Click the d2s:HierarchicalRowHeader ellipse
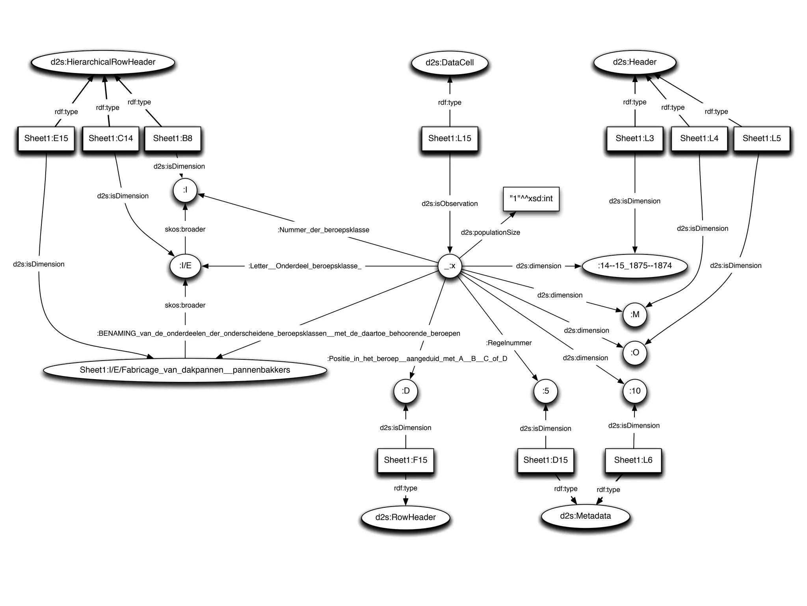click(x=103, y=62)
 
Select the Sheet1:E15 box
click(x=46, y=138)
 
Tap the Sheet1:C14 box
click(x=111, y=138)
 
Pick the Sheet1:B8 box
click(x=173, y=138)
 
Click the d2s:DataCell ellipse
click(x=450, y=63)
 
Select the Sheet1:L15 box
click(x=450, y=138)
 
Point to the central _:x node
click(x=450, y=266)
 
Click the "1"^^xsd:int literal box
click(x=531, y=199)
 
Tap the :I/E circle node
click(x=185, y=266)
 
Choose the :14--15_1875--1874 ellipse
click(x=634, y=266)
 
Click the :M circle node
click(x=635, y=315)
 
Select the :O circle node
click(x=635, y=353)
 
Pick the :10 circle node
click(x=635, y=391)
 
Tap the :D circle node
click(x=405, y=391)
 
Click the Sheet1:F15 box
click(x=405, y=460)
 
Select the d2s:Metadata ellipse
click(x=585, y=516)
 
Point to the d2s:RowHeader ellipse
click(x=405, y=517)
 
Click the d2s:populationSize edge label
click(x=490, y=233)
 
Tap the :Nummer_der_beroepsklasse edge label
click(x=324, y=230)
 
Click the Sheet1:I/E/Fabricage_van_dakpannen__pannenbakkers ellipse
click(x=185, y=370)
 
